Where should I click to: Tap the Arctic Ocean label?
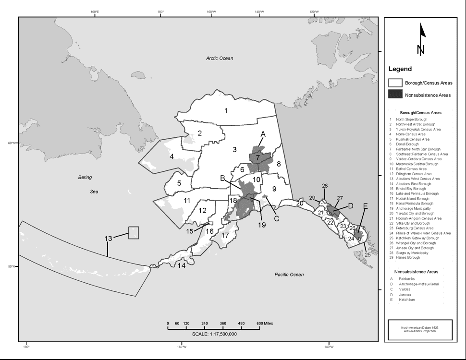tap(220, 58)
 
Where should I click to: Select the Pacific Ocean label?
tap(289, 275)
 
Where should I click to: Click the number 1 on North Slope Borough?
tap(226, 110)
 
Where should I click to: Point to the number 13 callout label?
tap(108, 238)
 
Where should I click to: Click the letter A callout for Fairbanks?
tap(263, 134)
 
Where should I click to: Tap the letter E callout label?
tap(365, 206)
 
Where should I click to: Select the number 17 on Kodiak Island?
tap(224, 236)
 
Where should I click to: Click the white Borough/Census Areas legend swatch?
tap(395, 83)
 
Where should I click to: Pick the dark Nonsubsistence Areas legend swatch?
tap(395, 95)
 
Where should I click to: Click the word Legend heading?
tap(400, 69)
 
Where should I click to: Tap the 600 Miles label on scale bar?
tap(265, 324)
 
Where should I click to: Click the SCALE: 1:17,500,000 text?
tap(214, 334)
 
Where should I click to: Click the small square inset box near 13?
tap(134, 233)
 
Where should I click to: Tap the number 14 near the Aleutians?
tap(182, 265)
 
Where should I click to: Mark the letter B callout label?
tap(222, 178)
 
